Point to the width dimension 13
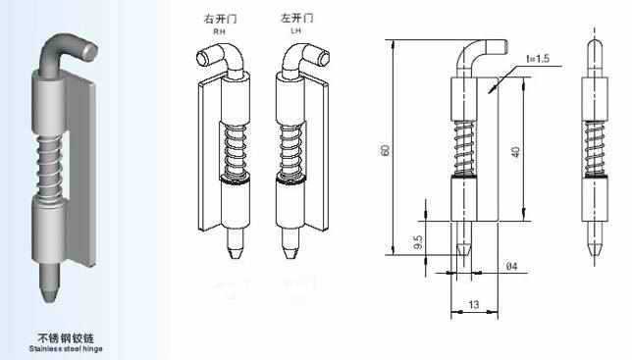point(473,304)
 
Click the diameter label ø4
point(511,265)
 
